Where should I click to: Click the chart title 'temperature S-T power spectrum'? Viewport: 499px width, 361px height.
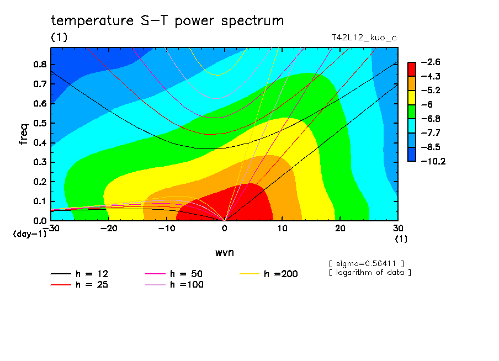[167, 21]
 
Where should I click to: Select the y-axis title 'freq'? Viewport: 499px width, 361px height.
[23, 134]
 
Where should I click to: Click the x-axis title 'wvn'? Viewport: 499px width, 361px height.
[224, 252]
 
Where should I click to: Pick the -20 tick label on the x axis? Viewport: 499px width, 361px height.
[109, 228]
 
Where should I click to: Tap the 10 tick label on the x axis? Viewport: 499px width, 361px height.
[282, 228]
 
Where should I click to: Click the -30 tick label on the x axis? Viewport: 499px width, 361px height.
[51, 228]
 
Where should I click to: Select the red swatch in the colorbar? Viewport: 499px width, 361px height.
[412, 69]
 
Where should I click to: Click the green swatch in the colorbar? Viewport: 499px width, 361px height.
[412, 112]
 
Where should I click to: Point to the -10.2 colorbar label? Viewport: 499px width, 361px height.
[433, 162]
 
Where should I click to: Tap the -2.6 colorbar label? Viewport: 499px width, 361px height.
[431, 62]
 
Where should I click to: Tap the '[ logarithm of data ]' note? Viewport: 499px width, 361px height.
[370, 272]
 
